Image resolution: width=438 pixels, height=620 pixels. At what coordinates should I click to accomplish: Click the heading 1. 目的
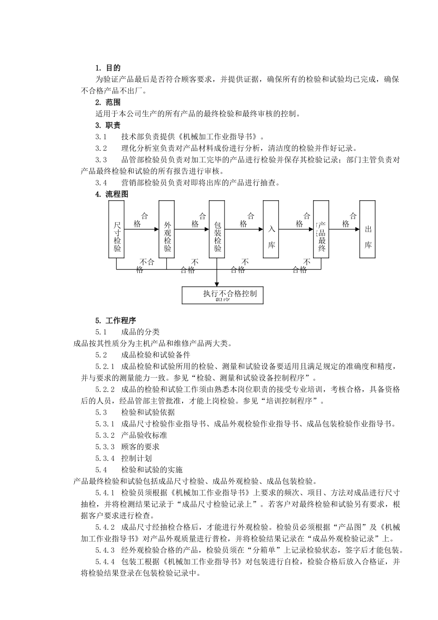pos(108,68)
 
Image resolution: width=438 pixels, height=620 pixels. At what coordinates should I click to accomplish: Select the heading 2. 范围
pos(108,102)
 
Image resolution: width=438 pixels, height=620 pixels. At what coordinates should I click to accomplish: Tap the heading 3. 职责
pos(108,125)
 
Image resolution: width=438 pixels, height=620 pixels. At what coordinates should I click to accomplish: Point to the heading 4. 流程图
pos(112,194)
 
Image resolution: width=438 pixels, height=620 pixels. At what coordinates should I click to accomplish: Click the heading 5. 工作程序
pos(115,321)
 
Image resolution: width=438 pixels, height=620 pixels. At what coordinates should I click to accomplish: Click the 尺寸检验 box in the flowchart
pos(117,229)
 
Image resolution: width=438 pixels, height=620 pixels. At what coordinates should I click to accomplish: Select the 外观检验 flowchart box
pos(167,229)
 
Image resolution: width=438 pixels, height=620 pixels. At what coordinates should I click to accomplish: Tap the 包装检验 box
pos(217,229)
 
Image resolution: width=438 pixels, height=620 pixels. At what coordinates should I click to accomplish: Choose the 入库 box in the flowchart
pos(271,229)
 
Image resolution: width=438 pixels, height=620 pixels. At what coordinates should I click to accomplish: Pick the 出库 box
pos(367,229)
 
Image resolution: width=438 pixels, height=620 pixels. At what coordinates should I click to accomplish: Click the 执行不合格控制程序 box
pos(223,295)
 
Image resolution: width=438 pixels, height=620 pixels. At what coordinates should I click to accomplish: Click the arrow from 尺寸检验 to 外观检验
pos(142,229)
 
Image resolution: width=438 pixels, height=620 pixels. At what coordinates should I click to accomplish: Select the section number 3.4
pos(101,183)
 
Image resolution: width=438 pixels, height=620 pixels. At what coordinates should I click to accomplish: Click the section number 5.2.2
pos(105,389)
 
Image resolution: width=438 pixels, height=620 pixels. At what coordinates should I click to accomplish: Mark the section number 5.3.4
pos(105,459)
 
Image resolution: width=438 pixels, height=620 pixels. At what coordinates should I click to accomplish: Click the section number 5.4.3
pos(105,550)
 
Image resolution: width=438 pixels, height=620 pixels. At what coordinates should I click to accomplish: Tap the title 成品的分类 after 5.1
pos(140,332)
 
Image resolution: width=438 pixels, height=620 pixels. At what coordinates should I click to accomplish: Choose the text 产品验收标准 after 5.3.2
pos(144,435)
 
